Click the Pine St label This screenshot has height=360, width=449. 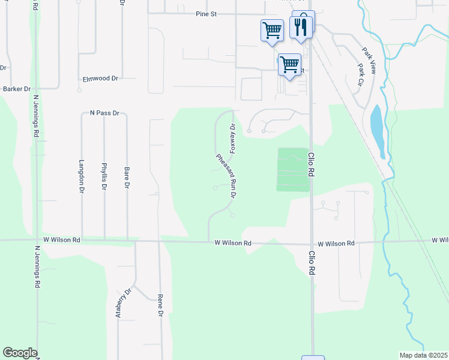[205, 14]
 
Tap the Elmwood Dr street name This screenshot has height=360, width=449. [100, 79]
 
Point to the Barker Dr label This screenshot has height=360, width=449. [17, 89]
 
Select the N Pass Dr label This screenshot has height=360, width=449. [104, 113]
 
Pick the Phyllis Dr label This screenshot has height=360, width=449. [104, 177]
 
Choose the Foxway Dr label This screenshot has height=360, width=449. [232, 138]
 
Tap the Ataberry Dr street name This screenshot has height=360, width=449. [124, 303]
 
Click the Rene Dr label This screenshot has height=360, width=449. [160, 305]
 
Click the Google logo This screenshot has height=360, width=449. [20, 353]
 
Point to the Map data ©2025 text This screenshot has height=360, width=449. [423, 355]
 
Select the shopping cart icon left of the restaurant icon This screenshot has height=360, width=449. [272, 29]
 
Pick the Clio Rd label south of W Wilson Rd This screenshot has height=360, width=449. [312, 264]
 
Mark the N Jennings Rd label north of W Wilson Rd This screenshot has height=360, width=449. [36, 116]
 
